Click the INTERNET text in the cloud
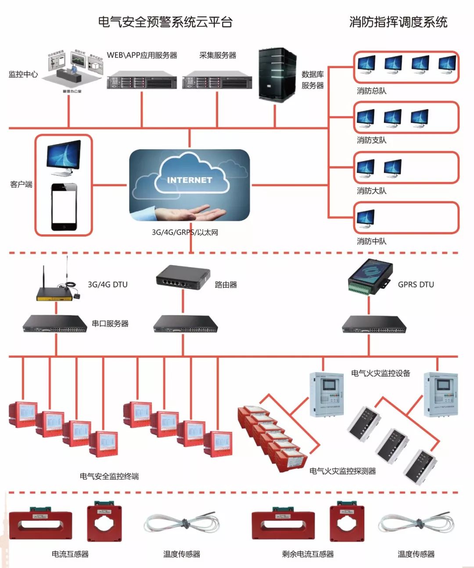click(190, 180)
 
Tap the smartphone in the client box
click(64, 207)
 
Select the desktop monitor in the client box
click(64, 157)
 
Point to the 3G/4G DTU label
click(108, 284)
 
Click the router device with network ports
click(183, 277)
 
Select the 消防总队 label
click(371, 91)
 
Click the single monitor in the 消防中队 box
click(365, 218)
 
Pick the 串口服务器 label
click(110, 324)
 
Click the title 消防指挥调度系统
click(398, 22)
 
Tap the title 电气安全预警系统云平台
click(165, 22)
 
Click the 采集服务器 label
click(218, 55)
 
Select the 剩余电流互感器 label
click(308, 554)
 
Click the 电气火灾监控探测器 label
click(342, 471)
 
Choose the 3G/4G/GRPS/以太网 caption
click(185, 232)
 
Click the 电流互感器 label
click(70, 554)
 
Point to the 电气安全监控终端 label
click(109, 476)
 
